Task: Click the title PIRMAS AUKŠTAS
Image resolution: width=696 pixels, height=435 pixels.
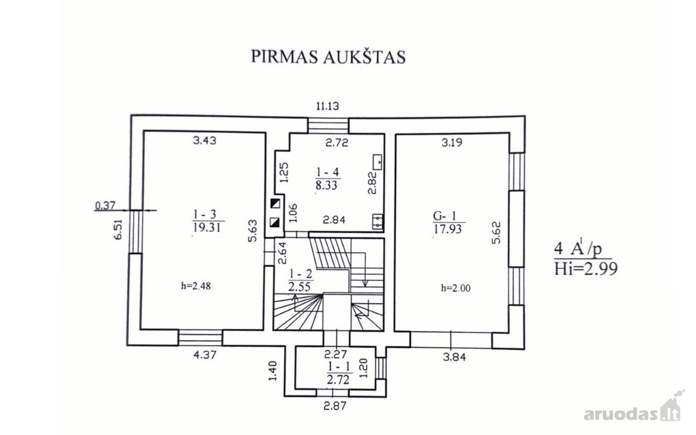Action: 328,57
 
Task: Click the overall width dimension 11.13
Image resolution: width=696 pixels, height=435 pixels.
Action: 328,106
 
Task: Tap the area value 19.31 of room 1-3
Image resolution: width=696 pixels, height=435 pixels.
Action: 206,228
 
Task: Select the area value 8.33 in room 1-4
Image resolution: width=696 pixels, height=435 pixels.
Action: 327,186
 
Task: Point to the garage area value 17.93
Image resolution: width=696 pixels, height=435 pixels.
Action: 448,229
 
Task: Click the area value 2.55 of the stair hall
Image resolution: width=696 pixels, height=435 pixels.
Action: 299,287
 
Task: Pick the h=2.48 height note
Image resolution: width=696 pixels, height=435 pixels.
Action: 196,286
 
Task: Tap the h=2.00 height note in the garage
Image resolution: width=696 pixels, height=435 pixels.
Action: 456,288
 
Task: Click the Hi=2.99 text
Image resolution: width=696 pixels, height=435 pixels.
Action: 586,269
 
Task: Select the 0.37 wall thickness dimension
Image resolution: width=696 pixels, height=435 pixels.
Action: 105,205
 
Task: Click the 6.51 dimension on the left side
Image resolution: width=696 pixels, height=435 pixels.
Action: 118,230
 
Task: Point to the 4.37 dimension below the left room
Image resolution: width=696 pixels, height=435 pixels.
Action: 204,355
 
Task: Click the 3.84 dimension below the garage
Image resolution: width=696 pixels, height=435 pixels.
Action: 454,357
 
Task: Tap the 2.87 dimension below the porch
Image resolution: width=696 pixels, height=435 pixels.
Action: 335,406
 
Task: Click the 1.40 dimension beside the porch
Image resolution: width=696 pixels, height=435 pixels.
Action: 273,371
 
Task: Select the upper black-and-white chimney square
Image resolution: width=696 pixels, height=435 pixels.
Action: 275,204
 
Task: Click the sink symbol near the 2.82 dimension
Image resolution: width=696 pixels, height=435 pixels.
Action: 377,162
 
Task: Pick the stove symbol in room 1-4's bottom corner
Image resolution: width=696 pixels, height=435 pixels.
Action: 378,222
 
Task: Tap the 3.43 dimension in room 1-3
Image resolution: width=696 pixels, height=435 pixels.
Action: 204,141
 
